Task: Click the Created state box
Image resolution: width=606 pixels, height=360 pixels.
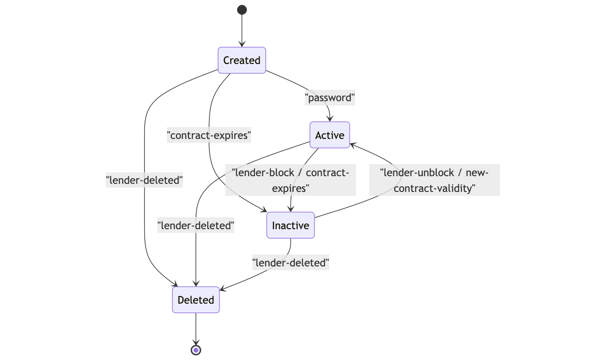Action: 242,60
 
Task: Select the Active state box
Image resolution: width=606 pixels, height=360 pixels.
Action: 330,135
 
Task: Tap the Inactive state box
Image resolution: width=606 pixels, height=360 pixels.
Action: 291,225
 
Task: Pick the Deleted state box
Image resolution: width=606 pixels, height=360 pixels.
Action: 196,300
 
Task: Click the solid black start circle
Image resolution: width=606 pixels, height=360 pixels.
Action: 242,10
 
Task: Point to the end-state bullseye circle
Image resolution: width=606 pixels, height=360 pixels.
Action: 196,350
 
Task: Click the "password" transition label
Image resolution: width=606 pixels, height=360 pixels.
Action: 330,98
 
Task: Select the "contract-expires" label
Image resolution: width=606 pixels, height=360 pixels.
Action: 209,135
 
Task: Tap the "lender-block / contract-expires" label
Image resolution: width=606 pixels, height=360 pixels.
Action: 291,180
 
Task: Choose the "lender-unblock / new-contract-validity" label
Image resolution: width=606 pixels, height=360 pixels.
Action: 434,180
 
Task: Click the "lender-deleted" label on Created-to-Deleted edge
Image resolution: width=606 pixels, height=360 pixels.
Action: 144,180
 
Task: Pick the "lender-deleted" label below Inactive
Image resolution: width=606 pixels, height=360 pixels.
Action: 291,262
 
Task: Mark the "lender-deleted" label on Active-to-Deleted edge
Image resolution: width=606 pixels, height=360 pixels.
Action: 196,225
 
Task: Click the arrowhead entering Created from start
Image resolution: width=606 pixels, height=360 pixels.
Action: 242,44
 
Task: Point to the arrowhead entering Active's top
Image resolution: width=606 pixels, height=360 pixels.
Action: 330,118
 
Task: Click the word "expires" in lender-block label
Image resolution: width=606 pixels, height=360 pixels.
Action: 291,188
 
